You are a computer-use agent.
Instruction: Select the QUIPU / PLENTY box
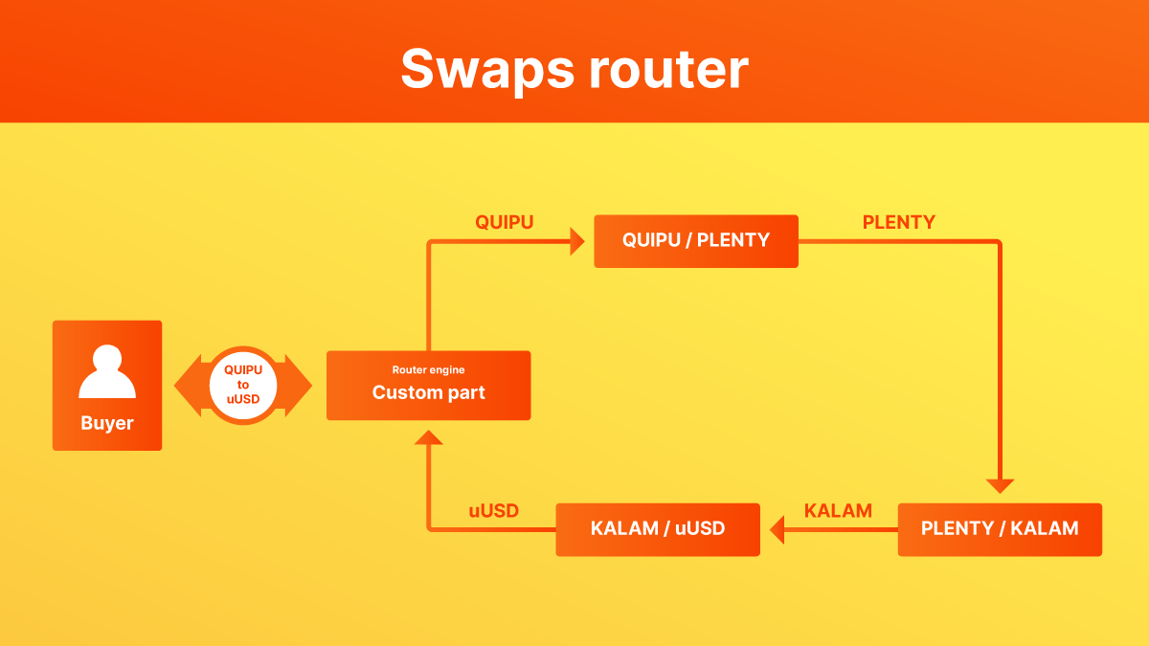pyautogui.click(x=696, y=241)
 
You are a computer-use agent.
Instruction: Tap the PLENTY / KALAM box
pyautogui.click(x=1000, y=529)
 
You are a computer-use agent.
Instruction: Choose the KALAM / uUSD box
pyautogui.click(x=658, y=529)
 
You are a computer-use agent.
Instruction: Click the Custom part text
pyautogui.click(x=428, y=392)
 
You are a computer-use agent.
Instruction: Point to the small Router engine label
pyautogui.click(x=428, y=369)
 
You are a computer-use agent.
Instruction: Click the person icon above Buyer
pyautogui.click(x=107, y=371)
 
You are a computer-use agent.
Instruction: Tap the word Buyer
pyautogui.click(x=107, y=423)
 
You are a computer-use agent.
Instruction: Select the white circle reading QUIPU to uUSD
pyautogui.click(x=243, y=385)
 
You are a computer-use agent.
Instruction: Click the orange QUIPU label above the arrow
pyautogui.click(x=504, y=222)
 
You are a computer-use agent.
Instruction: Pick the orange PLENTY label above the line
pyautogui.click(x=898, y=222)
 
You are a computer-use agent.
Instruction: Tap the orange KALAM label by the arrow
pyautogui.click(x=838, y=510)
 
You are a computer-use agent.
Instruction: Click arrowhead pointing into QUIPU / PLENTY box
pyautogui.click(x=577, y=241)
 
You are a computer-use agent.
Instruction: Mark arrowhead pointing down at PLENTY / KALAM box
pyautogui.click(x=1000, y=486)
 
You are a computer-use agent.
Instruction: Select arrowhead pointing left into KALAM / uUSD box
pyautogui.click(x=777, y=529)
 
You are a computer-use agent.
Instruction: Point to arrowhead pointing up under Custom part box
pyautogui.click(x=428, y=437)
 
